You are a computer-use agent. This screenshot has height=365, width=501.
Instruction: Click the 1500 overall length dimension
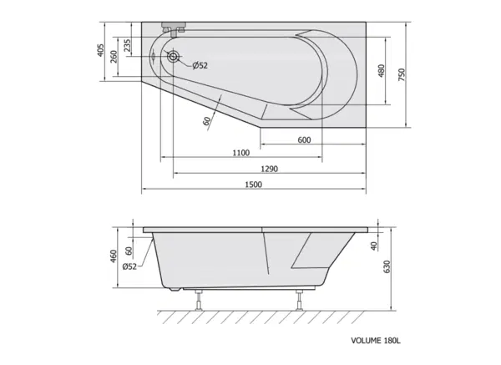tap(253, 185)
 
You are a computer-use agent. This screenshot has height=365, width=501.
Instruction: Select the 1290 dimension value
tap(270, 169)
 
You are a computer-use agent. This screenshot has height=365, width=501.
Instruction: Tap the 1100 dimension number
tap(241, 153)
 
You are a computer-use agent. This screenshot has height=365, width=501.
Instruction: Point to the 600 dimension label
tap(304, 140)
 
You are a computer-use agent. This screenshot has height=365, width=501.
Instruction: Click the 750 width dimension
tap(402, 74)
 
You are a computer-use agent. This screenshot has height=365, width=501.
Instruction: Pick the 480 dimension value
tap(381, 71)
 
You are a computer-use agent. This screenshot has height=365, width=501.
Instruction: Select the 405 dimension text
tap(100, 50)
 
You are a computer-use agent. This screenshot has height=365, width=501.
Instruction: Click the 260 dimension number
tap(114, 57)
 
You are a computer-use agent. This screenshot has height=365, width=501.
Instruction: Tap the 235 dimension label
tap(127, 46)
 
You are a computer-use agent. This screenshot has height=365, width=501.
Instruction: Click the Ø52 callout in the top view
tap(200, 65)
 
